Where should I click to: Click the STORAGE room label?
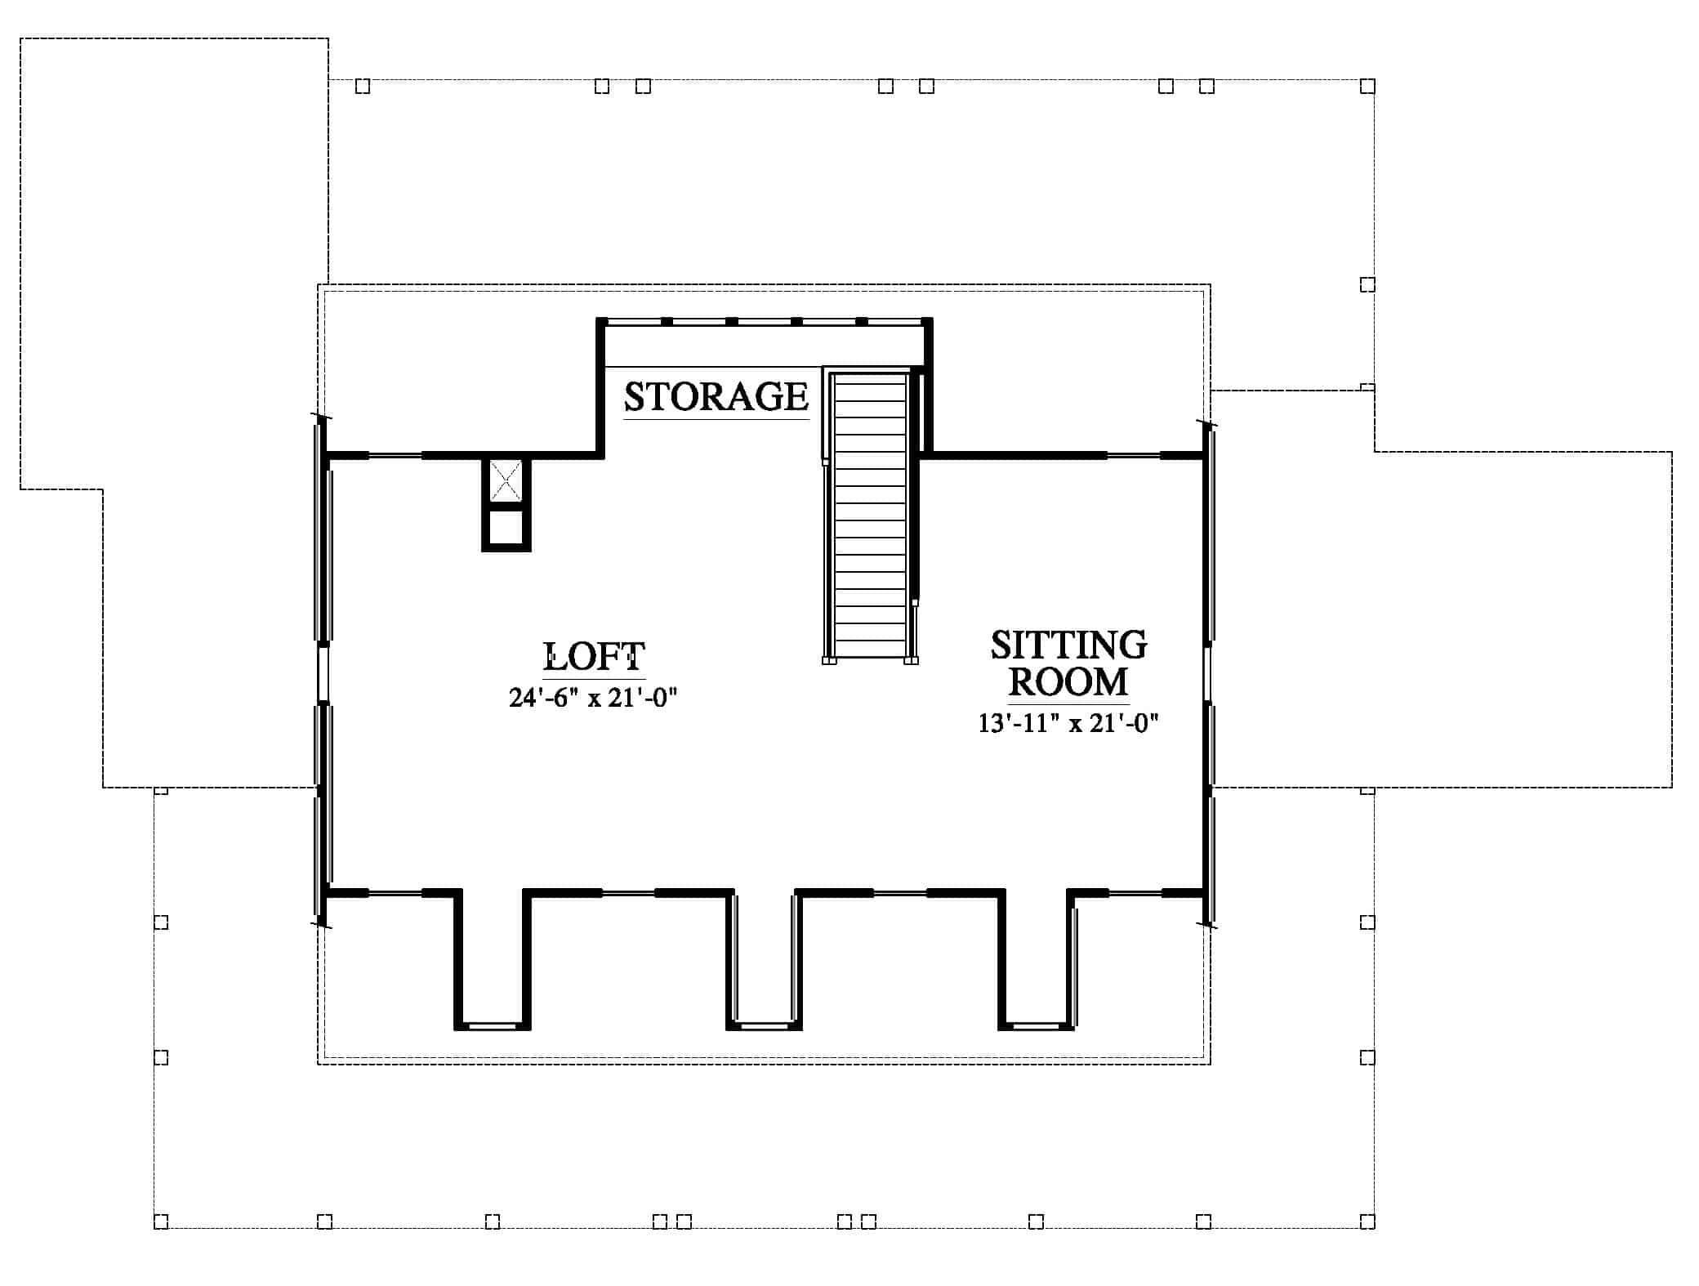(716, 397)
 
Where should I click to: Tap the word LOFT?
(595, 656)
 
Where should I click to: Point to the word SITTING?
(1068, 645)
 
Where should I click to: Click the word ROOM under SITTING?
(1068, 682)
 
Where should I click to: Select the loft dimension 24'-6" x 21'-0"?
(594, 698)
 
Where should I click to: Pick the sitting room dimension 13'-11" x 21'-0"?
(1069, 723)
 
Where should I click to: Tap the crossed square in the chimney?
(506, 480)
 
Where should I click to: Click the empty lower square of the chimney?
(506, 528)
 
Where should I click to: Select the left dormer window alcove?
(493, 960)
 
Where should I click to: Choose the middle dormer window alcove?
(765, 960)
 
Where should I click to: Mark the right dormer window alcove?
(1037, 960)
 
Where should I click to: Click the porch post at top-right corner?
(1367, 86)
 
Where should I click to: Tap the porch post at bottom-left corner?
(161, 1244)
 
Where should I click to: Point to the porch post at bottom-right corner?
(1367, 1244)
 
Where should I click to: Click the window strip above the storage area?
(765, 322)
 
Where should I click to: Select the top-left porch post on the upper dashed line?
(363, 86)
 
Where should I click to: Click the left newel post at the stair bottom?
(829, 659)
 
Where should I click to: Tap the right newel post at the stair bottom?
(912, 659)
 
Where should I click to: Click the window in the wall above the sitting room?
(1134, 455)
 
